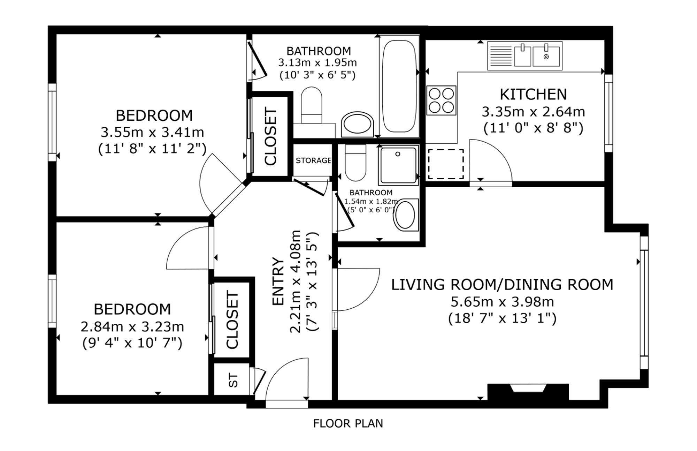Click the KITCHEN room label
click(533, 94)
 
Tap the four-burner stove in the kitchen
click(441, 100)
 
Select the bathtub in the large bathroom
click(399, 86)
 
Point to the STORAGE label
click(313, 160)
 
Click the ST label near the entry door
click(233, 380)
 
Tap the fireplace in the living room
click(528, 392)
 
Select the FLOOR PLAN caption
click(348, 423)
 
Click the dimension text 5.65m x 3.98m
click(502, 302)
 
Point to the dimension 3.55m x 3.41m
click(152, 133)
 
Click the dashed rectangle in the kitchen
click(446, 164)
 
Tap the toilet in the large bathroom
click(311, 105)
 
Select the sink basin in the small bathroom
click(406, 215)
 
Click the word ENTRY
click(278, 281)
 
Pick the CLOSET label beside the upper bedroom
click(270, 136)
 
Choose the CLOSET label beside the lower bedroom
click(232, 320)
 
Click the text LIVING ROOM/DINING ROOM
click(502, 285)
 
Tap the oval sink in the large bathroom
click(357, 125)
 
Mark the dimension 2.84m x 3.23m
click(132, 327)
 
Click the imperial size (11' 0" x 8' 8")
click(533, 128)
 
